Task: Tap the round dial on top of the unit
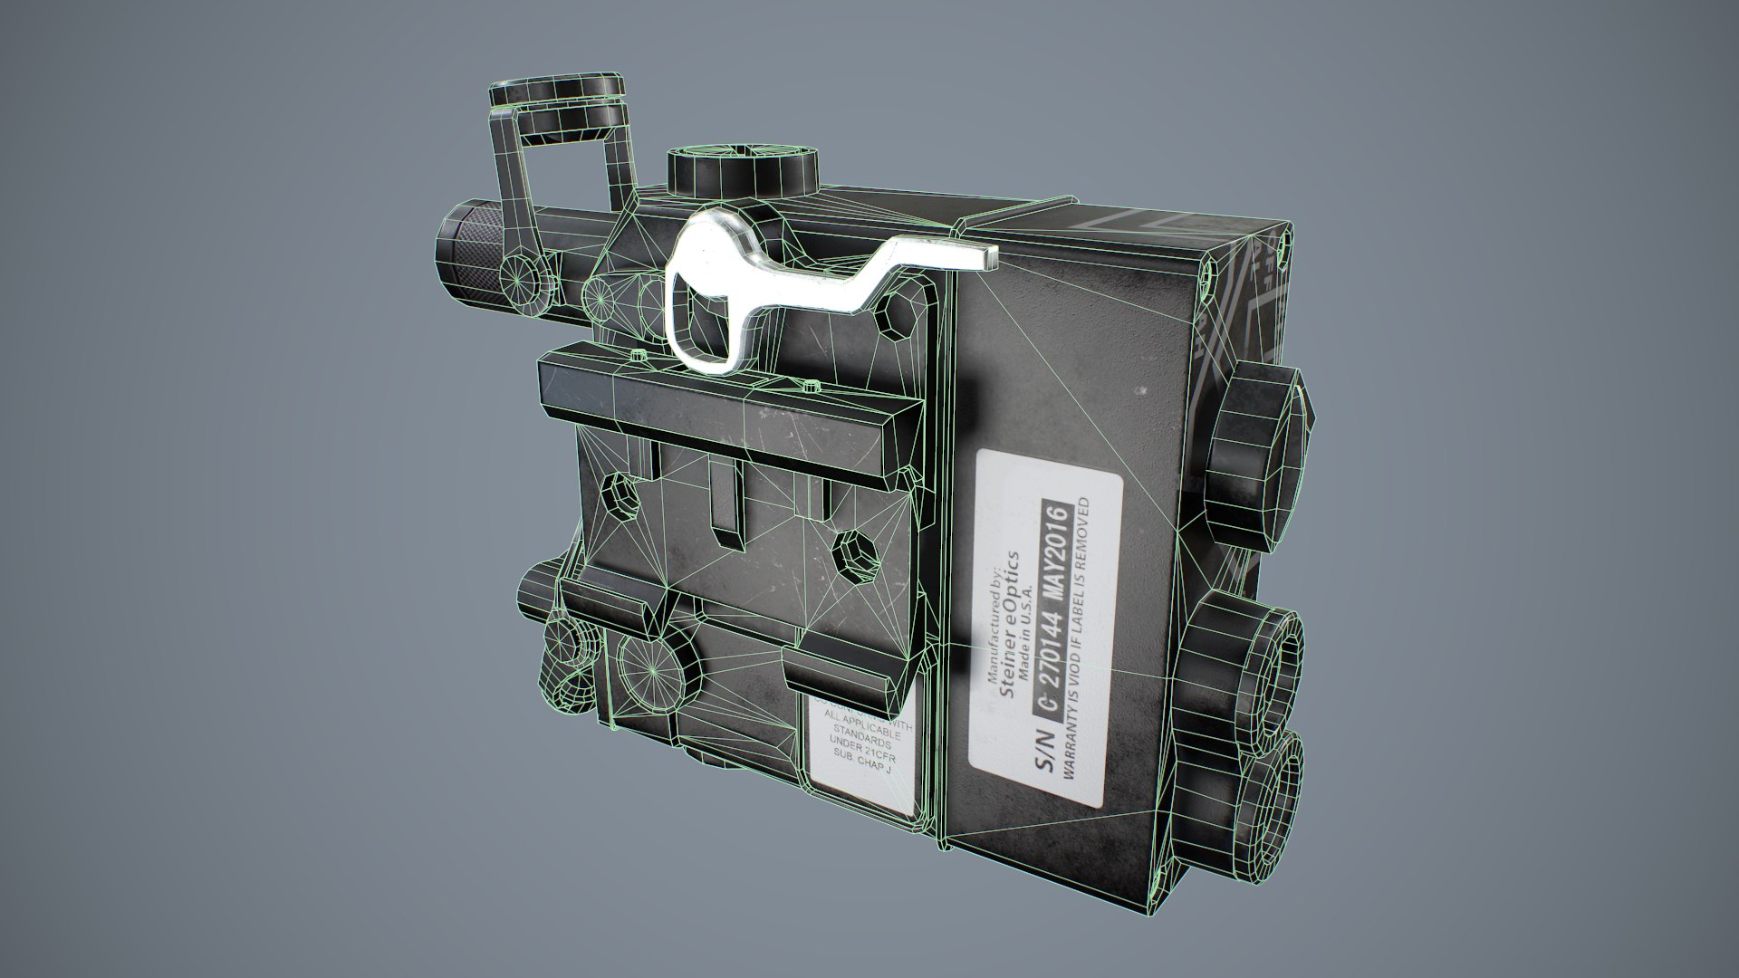coord(741,171)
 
